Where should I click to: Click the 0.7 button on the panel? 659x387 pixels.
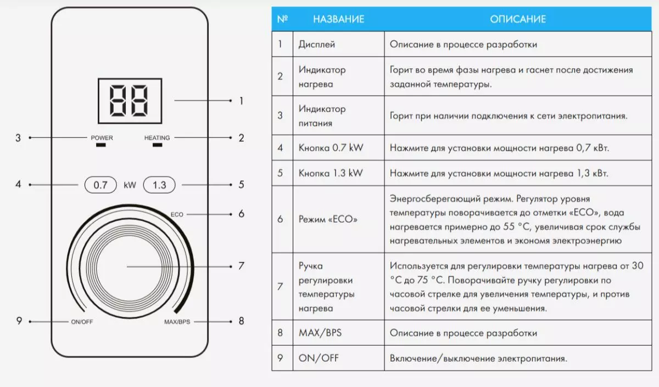pyautogui.click(x=101, y=185)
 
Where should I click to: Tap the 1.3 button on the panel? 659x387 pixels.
pyautogui.click(x=159, y=185)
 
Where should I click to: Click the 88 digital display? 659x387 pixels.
pyautogui.click(x=129, y=101)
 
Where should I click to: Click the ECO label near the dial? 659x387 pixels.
pyautogui.click(x=177, y=214)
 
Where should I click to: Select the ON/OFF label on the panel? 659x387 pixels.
pyautogui.click(x=82, y=322)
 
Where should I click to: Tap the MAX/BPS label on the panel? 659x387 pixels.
pyautogui.click(x=177, y=322)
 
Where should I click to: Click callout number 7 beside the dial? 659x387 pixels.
pyautogui.click(x=241, y=267)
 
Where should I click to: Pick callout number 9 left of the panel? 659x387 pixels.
pyautogui.click(x=19, y=321)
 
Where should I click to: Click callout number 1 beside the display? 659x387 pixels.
pyautogui.click(x=241, y=101)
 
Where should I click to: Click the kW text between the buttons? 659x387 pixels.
pyautogui.click(x=130, y=185)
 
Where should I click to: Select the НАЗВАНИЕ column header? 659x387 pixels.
pyautogui.click(x=338, y=19)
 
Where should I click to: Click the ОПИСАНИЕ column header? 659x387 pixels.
pyautogui.click(x=518, y=19)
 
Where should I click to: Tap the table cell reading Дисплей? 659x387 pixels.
pyautogui.click(x=317, y=44)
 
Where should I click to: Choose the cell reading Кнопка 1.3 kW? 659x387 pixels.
pyautogui.click(x=331, y=173)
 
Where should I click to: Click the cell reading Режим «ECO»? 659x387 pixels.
pyautogui.click(x=328, y=219)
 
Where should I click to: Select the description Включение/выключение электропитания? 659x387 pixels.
pyautogui.click(x=478, y=358)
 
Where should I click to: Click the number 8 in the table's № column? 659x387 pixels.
pyautogui.click(x=280, y=333)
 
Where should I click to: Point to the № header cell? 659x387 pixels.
pyautogui.click(x=282, y=19)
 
